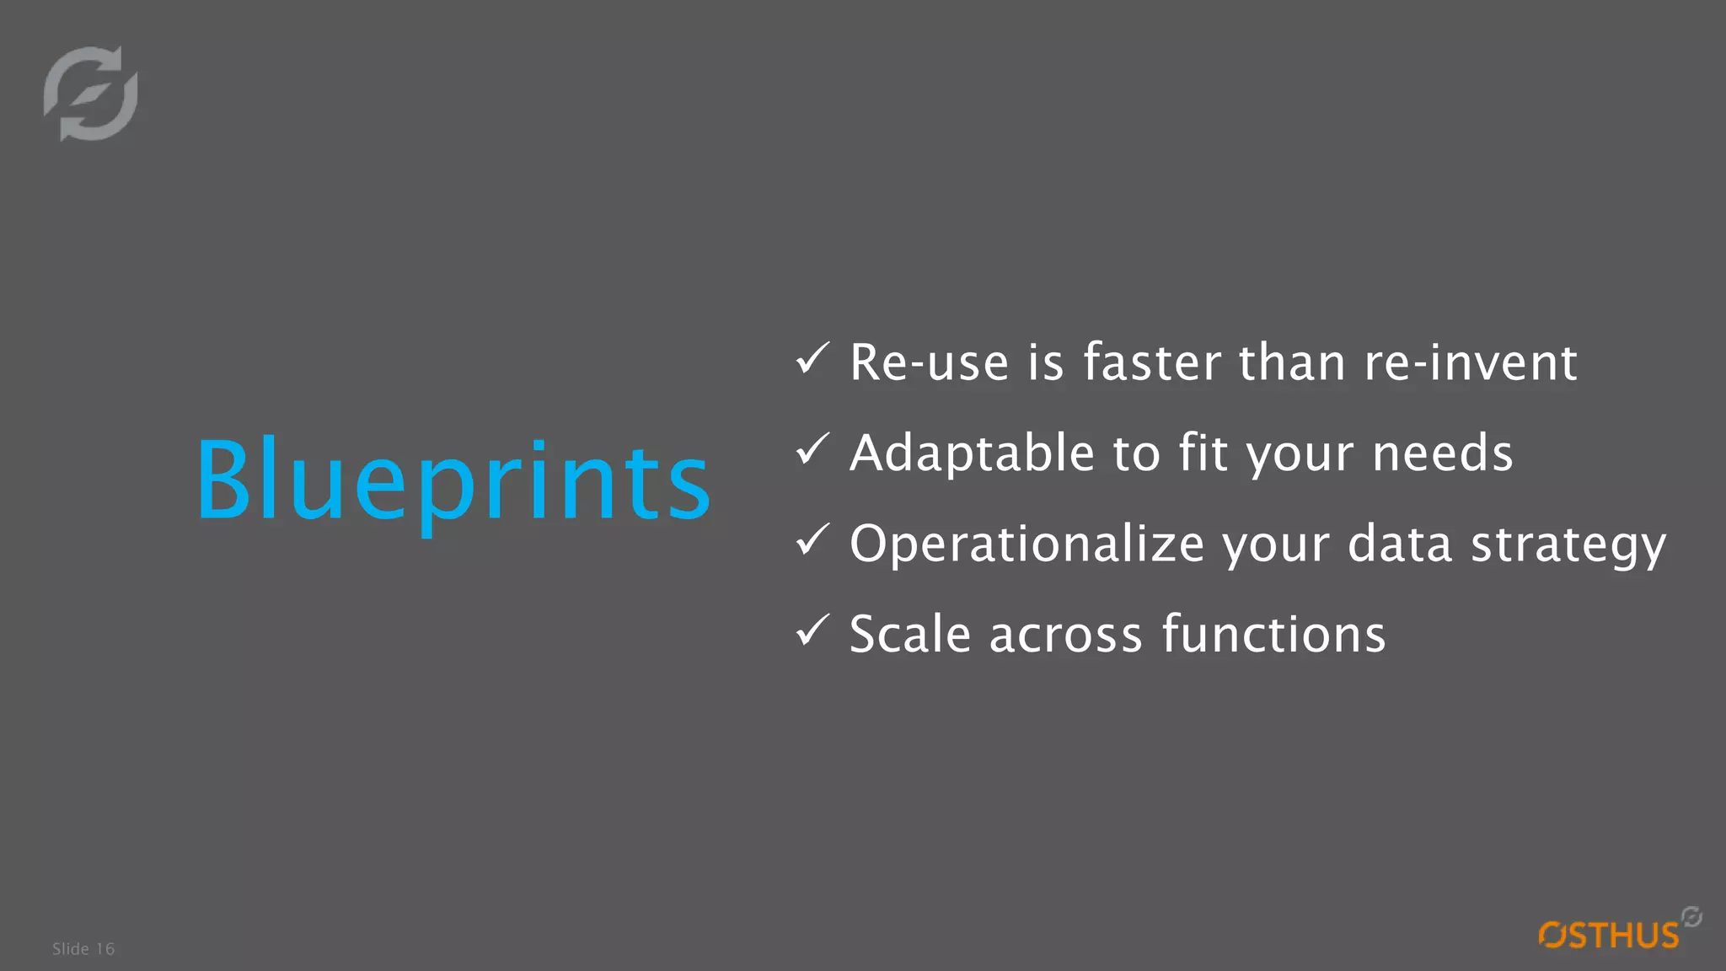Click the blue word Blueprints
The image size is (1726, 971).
tap(453, 480)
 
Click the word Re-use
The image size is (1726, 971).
tap(929, 363)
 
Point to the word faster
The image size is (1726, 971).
tap(1151, 363)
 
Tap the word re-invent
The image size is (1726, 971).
tap(1471, 363)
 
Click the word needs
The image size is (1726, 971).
tap(1443, 453)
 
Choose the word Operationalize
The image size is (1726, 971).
tap(1026, 545)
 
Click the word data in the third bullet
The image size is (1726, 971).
tap(1400, 545)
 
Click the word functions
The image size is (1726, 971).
tap(1273, 635)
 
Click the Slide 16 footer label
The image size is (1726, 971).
tap(83, 949)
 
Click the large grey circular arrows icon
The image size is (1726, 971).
tap(91, 94)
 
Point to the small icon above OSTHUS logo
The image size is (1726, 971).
tap(1691, 916)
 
